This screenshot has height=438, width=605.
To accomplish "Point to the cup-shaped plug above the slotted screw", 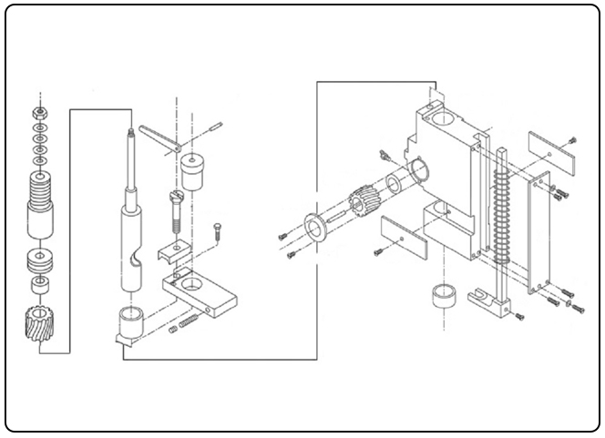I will point(192,169).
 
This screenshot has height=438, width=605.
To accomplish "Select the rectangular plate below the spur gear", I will point(402,236).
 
